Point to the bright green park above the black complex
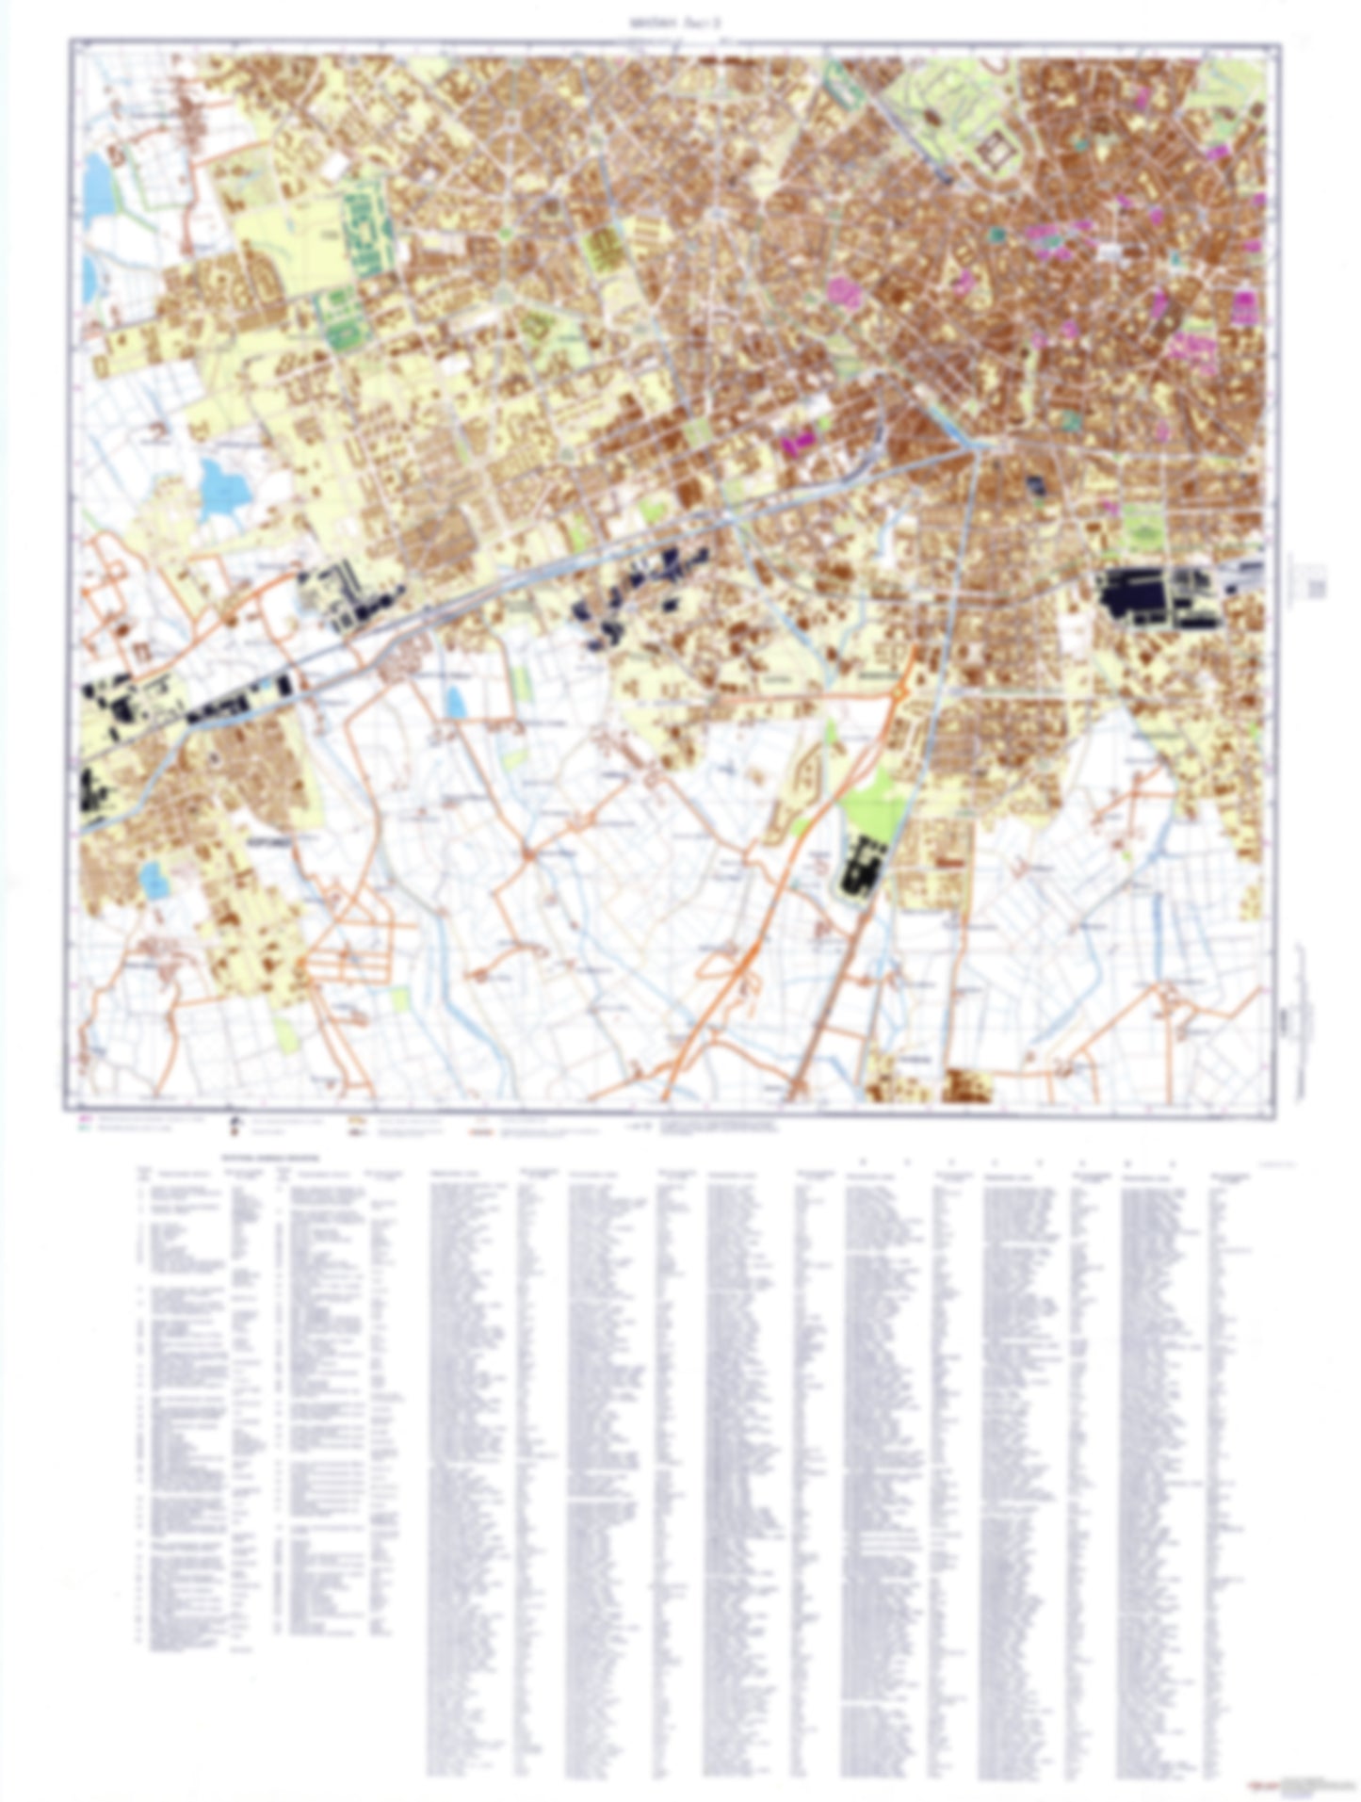(876, 801)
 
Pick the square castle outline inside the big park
(995, 152)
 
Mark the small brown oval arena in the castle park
(932, 117)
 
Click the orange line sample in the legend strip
(480, 1133)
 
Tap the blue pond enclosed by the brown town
(152, 881)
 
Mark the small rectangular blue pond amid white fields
(456, 702)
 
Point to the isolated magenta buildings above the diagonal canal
(799, 440)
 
